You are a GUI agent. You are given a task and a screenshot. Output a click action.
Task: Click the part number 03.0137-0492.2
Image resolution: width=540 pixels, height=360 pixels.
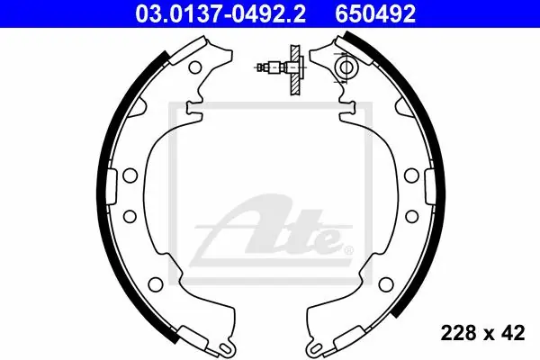coord(220,13)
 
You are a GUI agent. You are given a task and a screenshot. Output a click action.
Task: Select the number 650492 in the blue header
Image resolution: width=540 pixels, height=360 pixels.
coord(375,13)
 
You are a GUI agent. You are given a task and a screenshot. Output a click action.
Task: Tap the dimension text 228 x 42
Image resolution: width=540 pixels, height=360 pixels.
coord(482,333)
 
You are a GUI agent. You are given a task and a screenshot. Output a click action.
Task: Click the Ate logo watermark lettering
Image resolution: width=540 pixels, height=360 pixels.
coord(272,229)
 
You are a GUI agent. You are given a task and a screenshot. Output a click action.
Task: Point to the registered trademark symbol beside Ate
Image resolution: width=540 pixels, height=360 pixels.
coord(348,250)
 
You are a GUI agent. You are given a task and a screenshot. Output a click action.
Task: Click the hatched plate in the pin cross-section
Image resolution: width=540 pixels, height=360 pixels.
coord(295,70)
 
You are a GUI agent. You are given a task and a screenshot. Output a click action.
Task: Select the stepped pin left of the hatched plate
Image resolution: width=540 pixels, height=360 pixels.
coord(273,67)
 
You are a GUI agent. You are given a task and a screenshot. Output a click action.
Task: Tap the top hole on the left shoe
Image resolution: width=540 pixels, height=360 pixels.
coord(195,67)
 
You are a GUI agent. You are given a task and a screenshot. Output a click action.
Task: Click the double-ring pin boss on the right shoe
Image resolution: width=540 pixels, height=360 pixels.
coord(346,67)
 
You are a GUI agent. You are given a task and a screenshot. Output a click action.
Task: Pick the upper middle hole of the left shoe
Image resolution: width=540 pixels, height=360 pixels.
coord(130,175)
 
